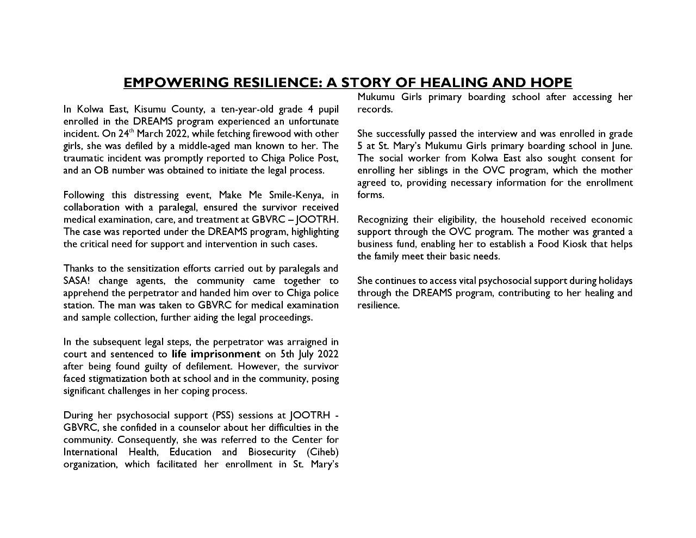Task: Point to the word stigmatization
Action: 117,379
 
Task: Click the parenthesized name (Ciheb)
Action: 322,452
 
